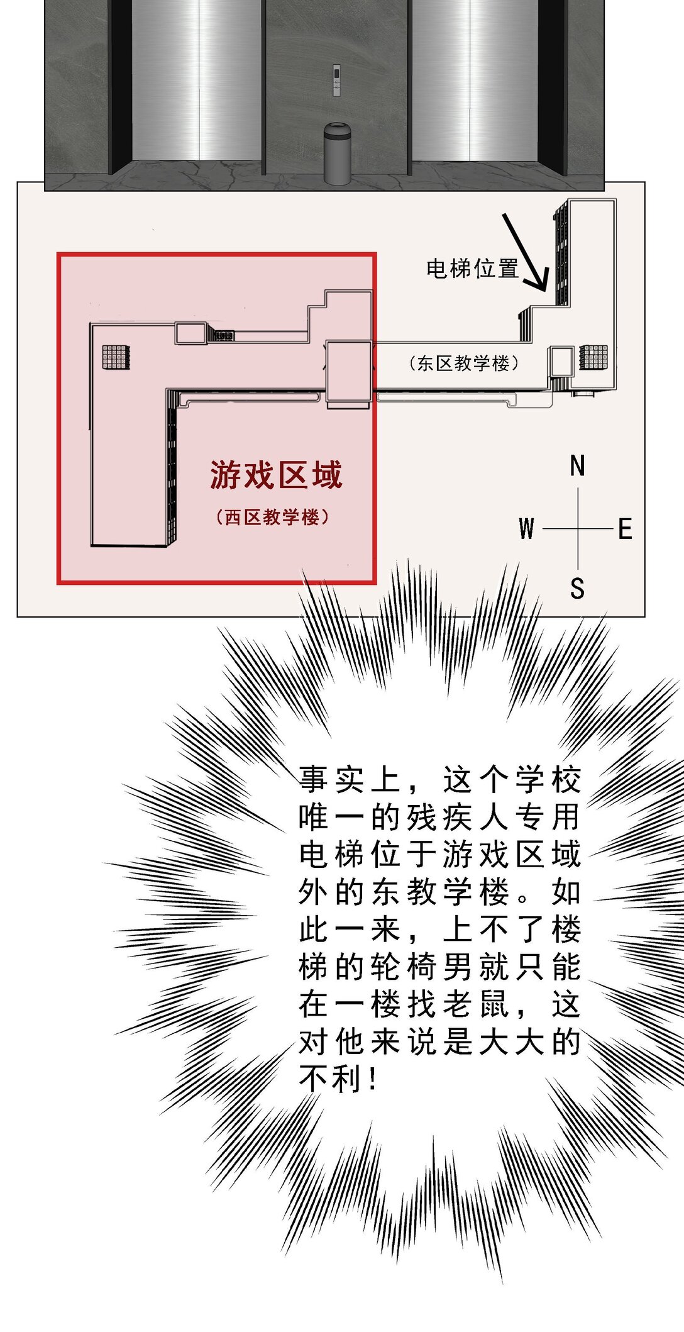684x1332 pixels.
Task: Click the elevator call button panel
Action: point(336,80)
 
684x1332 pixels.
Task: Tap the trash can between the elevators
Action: point(338,153)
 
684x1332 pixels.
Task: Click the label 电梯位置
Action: point(472,269)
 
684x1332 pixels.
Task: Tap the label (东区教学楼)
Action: point(463,364)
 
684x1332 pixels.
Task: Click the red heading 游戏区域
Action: point(276,475)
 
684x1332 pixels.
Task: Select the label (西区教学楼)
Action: point(272,518)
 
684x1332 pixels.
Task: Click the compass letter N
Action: point(577,467)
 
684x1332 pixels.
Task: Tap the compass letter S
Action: point(577,589)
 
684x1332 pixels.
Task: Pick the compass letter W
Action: point(527,529)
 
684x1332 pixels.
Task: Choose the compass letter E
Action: point(625,529)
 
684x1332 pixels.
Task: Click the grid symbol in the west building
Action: point(116,357)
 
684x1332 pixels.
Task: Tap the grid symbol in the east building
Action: point(593,357)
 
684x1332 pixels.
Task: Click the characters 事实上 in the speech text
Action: point(350,780)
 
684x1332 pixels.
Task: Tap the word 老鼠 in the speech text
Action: point(475,1004)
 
